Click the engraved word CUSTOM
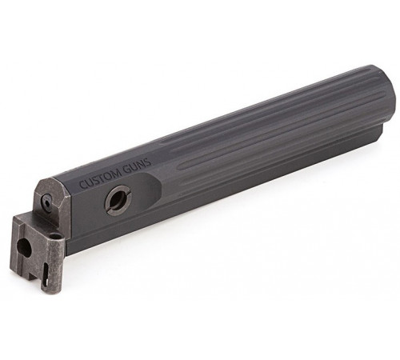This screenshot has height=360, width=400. (x=101, y=177)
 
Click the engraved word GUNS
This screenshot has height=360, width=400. (x=138, y=166)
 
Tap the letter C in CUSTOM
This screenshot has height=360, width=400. (x=83, y=184)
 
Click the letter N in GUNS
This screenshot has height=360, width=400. (x=142, y=166)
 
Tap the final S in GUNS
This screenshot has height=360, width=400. (x=148, y=163)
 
